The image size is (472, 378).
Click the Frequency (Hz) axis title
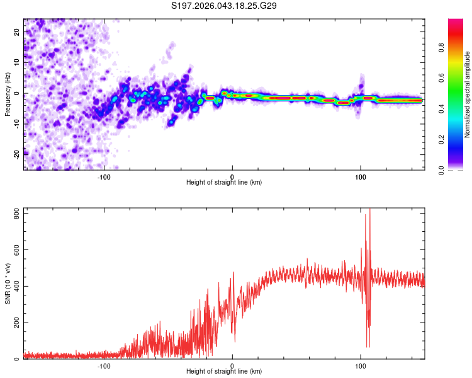8,93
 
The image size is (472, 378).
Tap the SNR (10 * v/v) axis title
8,283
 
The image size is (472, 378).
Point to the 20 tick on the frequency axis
18,31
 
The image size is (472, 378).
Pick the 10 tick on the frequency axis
18,62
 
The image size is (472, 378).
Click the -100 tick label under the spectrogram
104,176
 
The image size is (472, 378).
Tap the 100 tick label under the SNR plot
361,365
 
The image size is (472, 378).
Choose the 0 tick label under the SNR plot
232,365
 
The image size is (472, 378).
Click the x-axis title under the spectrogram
224,183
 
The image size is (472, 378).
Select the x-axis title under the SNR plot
224,372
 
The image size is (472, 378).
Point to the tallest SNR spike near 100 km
369,210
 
